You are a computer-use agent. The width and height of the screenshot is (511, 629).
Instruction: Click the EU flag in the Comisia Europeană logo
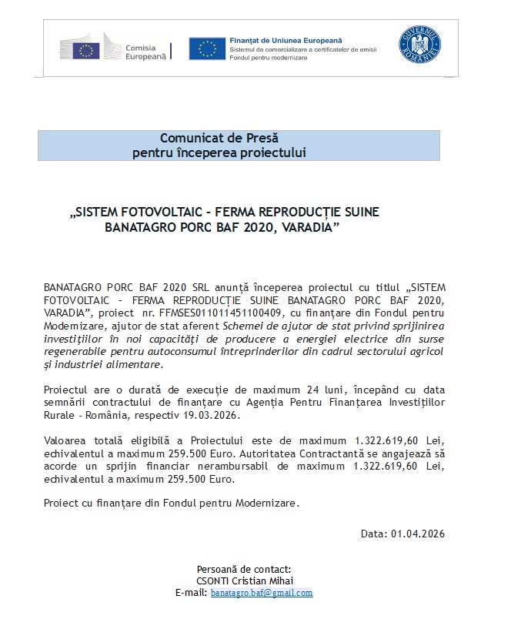(x=86, y=51)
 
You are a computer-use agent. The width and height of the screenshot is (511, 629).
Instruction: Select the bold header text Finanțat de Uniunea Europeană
(x=286, y=39)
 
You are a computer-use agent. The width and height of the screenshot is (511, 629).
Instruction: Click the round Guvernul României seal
(x=420, y=45)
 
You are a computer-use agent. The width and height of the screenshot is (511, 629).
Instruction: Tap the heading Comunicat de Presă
(x=219, y=139)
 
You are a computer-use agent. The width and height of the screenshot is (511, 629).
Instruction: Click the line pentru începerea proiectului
(x=219, y=152)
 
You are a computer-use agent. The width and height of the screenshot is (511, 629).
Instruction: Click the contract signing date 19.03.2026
(x=217, y=415)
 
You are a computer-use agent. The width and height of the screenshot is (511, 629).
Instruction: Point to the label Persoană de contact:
(x=244, y=568)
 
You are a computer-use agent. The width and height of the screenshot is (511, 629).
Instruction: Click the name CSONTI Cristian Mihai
(x=245, y=580)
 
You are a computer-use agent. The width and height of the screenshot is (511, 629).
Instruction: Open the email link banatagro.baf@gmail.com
(x=262, y=593)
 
